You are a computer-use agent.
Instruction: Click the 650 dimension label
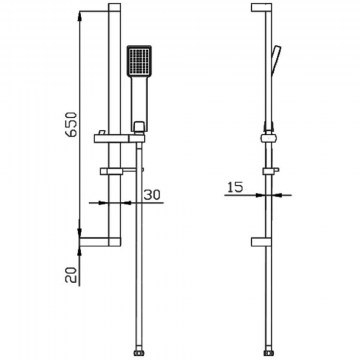pos(72,125)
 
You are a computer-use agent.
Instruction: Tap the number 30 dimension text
pos(152,195)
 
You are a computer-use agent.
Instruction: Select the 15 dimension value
pos(235,187)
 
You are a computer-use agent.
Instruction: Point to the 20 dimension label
pos(71,275)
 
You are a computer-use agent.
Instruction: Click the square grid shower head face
pos(139,60)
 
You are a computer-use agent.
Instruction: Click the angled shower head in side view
pos(276,59)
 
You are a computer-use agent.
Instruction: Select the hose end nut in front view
pos(139,353)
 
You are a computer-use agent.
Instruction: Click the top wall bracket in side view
pos(262,8)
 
